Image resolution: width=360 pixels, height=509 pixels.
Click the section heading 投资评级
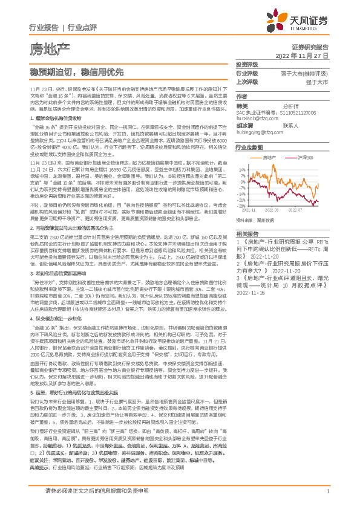coord(246,65)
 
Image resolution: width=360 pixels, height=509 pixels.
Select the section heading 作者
coord(241,96)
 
